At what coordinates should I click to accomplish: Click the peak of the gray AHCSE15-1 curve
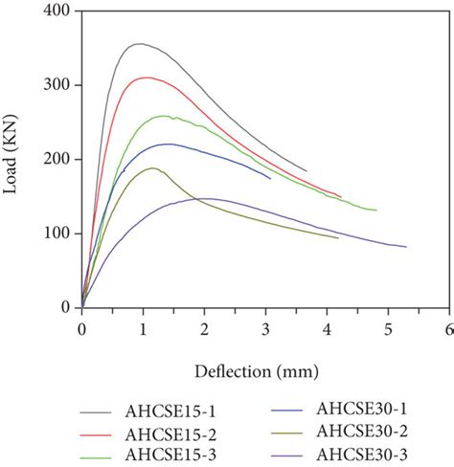coord(140,44)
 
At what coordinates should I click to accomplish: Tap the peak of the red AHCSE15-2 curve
coord(146,78)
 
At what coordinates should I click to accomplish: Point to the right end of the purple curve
coord(406,247)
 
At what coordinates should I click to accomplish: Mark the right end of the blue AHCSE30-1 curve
coord(270,178)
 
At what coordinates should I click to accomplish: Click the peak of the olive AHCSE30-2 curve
coord(151,168)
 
